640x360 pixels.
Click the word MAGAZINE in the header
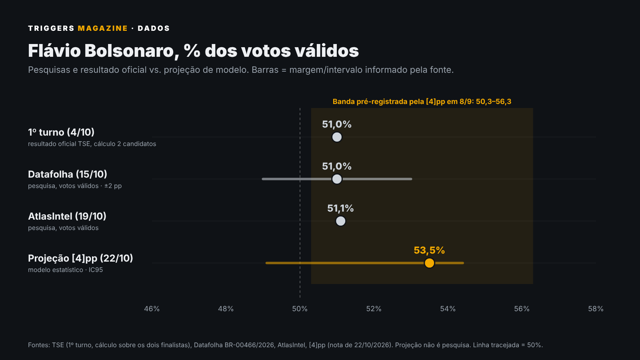(x=103, y=28)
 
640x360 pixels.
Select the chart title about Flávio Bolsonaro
(x=194, y=51)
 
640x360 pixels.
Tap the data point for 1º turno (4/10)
(x=337, y=137)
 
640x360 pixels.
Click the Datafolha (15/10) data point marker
(x=337, y=179)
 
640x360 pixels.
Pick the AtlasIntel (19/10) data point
(x=340, y=221)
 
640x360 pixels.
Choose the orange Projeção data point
(x=430, y=263)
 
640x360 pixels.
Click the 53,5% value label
(x=429, y=250)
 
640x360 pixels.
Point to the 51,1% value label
(x=340, y=208)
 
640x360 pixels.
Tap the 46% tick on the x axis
(x=152, y=309)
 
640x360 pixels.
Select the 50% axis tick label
(x=300, y=309)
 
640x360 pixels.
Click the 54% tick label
(x=448, y=309)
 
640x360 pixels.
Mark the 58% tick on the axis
(x=596, y=309)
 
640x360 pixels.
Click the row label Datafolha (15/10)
(x=68, y=174)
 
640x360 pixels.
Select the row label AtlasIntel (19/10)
(x=67, y=216)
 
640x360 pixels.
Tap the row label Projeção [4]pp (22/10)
(x=80, y=258)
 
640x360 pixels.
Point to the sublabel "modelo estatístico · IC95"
(x=66, y=270)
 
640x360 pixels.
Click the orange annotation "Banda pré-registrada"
(x=422, y=102)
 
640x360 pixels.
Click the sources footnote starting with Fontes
(x=286, y=345)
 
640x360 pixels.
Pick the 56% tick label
(x=522, y=309)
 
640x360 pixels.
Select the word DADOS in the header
(x=154, y=28)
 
